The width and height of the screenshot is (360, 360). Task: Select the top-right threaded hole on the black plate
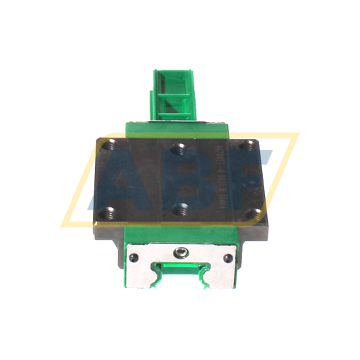point(248,145)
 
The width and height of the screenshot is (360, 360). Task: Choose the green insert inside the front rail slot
point(179,271)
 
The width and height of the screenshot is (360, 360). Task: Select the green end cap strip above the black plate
point(180,127)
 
